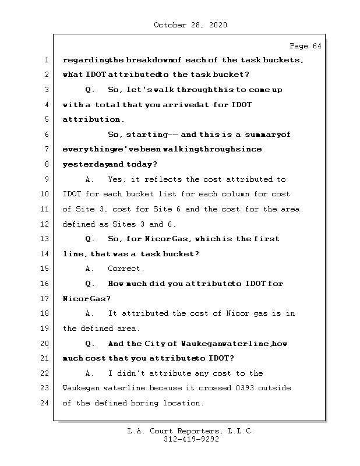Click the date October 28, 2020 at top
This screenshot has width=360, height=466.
(190, 25)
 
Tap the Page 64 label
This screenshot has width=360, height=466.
(305, 46)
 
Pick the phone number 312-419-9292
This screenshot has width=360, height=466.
(191, 440)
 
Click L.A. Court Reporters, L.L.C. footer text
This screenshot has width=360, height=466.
(191, 431)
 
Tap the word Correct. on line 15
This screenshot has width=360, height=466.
(126, 269)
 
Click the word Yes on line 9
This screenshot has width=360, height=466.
(116, 179)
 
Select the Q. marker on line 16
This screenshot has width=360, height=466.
(90, 284)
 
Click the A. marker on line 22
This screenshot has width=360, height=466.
(90, 373)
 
